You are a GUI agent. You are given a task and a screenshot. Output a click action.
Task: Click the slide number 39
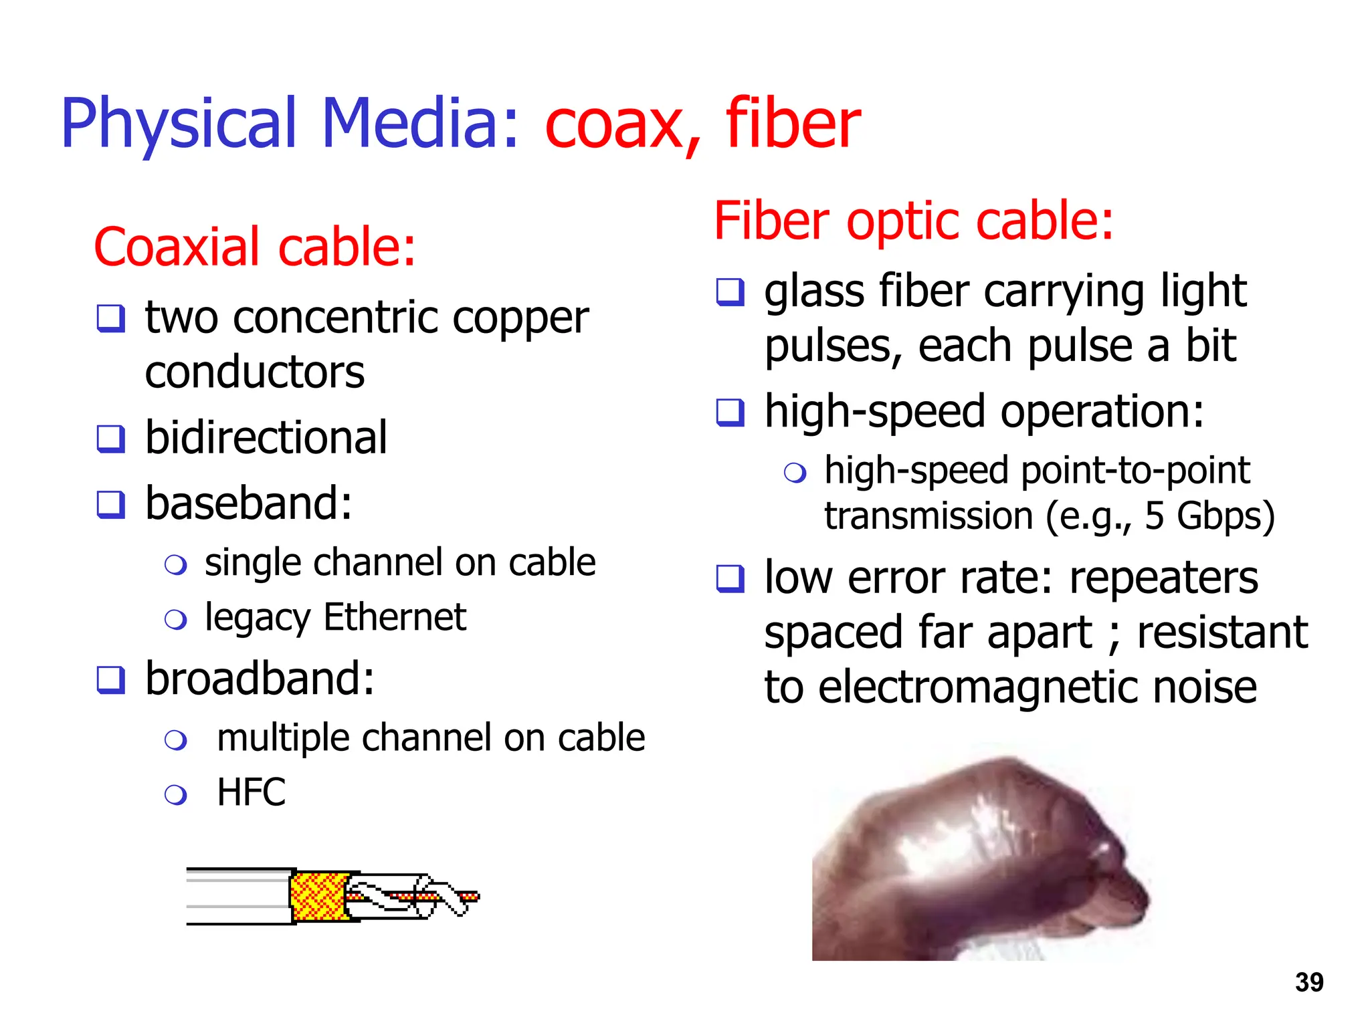tap(1308, 982)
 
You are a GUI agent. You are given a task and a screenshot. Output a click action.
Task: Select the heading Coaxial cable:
tap(255, 247)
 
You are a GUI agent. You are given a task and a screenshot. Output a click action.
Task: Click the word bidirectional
tap(266, 438)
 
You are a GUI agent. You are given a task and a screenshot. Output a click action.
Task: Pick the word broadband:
tap(260, 679)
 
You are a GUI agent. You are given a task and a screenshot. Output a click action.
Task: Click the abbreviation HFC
tap(252, 792)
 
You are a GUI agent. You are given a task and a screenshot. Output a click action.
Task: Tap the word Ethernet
tap(395, 616)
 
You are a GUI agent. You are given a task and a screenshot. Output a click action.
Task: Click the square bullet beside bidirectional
tap(111, 439)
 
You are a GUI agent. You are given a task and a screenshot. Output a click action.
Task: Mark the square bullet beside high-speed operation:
tap(730, 413)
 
